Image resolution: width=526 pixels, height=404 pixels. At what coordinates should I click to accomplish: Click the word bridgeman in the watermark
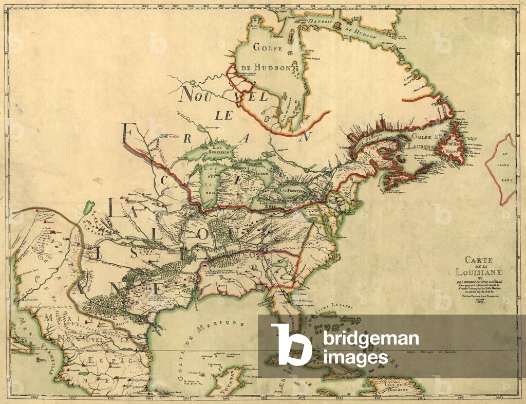(371, 339)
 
